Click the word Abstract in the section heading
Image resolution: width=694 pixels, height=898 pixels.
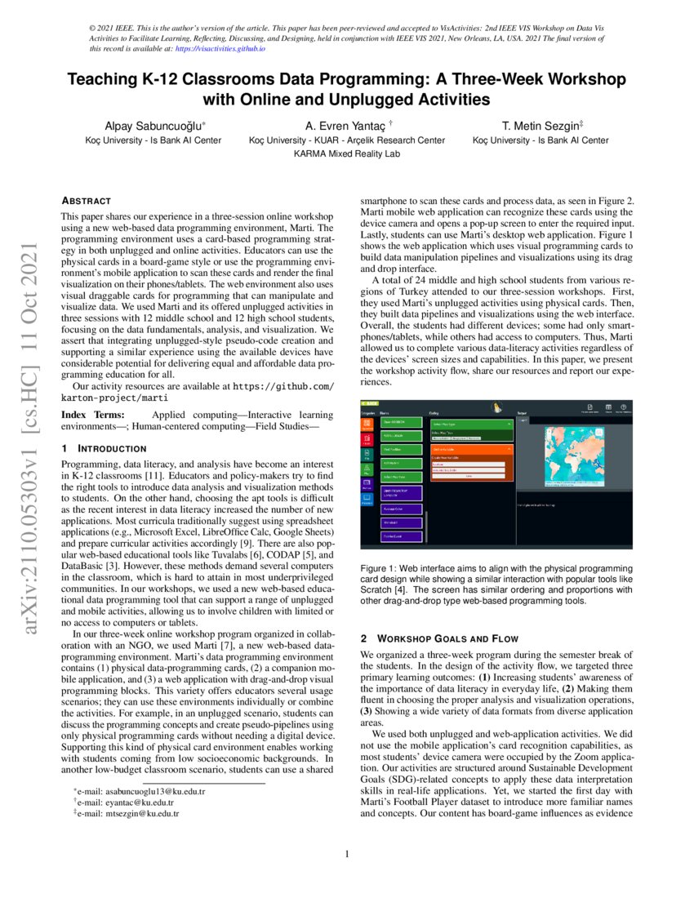(x=87, y=200)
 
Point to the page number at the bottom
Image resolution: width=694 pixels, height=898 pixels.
(x=347, y=855)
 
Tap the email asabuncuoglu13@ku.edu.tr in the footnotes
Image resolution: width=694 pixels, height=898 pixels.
(x=140, y=792)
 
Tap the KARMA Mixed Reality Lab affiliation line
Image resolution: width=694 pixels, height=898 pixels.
(x=347, y=153)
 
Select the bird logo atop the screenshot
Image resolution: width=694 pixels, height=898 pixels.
(x=495, y=407)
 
